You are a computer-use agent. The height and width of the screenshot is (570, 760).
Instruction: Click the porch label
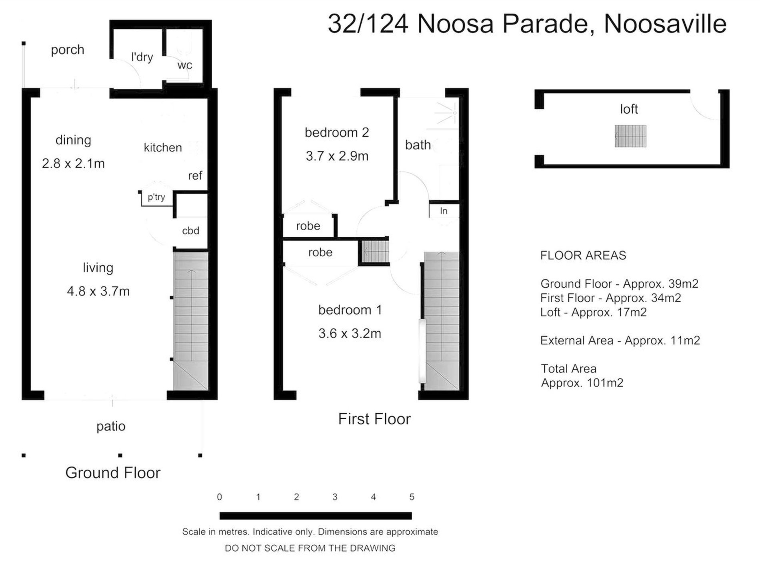coord(68,50)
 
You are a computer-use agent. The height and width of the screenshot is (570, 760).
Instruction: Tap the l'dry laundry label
coord(142,57)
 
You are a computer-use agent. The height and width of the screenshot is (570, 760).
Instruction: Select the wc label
coord(185,65)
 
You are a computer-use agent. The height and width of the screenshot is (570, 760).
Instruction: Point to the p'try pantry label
coord(156,197)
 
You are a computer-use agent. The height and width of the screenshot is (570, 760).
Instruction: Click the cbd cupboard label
coord(190,231)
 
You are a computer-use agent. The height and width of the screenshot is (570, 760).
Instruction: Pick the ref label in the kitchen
coord(195,176)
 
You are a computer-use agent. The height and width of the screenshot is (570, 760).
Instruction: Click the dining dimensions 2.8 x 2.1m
coord(73,164)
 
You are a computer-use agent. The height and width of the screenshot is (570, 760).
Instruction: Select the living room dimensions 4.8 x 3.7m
coord(98,291)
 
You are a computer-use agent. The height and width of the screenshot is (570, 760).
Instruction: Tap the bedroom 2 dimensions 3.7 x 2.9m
coord(337,156)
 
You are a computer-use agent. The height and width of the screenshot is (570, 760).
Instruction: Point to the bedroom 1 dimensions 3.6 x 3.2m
coord(350,334)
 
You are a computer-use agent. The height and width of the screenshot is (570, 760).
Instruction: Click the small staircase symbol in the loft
coord(630,136)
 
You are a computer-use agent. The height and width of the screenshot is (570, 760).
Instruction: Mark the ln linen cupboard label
coord(444,211)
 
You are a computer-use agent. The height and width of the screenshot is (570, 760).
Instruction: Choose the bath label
coord(418,145)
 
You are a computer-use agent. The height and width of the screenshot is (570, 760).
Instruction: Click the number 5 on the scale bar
coord(412,497)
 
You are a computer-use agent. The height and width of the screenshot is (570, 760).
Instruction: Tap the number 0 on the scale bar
coord(219,497)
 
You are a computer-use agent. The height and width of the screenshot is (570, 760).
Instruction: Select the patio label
coord(111,426)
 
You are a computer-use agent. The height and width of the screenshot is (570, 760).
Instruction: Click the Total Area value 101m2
coord(605,383)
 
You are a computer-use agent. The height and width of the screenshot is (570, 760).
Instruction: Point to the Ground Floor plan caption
coord(113,473)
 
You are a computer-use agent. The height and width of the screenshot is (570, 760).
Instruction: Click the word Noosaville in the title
coord(665,24)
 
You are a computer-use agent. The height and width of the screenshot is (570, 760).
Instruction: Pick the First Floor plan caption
coord(374,419)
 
